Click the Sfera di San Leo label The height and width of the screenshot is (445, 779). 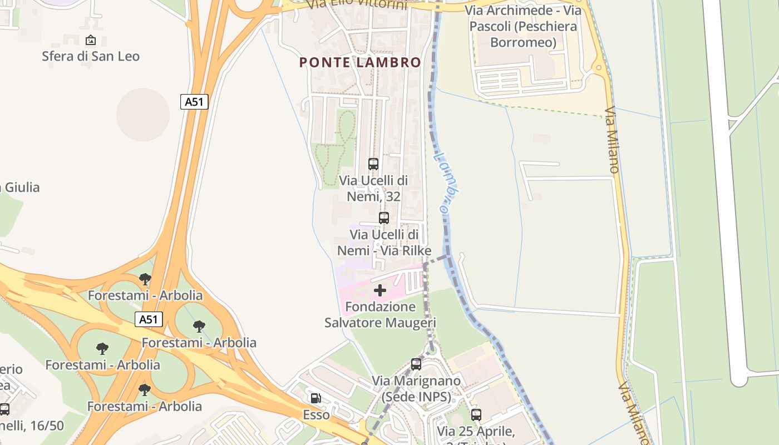click(91, 56)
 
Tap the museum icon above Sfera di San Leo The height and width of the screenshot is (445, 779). click(91, 40)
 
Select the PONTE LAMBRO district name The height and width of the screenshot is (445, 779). click(360, 62)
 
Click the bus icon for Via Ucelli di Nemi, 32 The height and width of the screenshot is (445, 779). click(373, 164)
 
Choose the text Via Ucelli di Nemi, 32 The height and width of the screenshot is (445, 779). click(373, 188)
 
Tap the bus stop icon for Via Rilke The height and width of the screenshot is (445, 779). click(384, 218)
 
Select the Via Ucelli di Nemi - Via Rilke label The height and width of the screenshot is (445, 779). click(384, 243)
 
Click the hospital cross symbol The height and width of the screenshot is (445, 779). click(380, 290)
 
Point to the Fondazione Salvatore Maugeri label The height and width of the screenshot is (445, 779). click(380, 314)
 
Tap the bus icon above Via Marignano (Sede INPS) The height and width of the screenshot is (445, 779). click(416, 364)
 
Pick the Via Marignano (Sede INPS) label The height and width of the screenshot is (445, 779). click(416, 389)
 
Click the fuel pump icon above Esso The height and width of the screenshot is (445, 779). click(316, 398)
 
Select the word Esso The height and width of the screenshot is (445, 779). click(316, 415)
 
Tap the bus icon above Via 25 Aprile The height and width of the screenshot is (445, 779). click(476, 414)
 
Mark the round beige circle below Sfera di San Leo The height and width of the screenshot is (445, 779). click(143, 115)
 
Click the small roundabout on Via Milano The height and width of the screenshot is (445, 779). click(599, 69)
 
